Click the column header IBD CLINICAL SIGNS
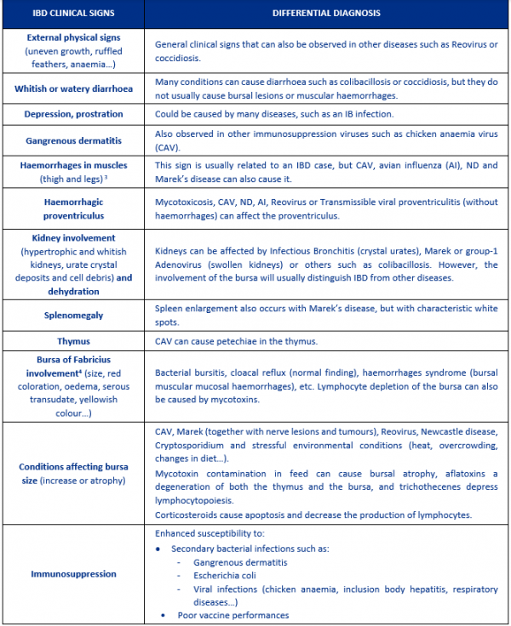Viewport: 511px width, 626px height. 72,14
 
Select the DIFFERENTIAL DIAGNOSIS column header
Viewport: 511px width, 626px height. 326,14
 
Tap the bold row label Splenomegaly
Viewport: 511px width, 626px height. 72,315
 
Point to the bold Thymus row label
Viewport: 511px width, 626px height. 72,341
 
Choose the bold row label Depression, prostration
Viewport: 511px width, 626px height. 72,114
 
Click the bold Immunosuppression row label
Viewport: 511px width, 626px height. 72,574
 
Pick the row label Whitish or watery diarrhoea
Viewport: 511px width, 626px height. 72,88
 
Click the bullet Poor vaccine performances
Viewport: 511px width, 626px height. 233,614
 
